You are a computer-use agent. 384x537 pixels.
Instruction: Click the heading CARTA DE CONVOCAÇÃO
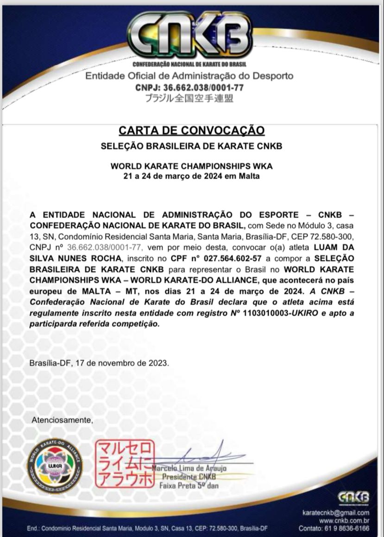[191, 130]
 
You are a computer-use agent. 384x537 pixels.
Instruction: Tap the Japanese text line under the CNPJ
[189, 98]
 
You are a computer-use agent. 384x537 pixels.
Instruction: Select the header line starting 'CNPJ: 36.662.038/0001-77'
[189, 87]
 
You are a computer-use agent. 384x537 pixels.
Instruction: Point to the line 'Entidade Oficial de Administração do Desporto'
[189, 76]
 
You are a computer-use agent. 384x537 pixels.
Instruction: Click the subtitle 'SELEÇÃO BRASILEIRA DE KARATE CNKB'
[191, 146]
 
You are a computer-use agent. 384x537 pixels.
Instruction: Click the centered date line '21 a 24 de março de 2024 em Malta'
[191, 176]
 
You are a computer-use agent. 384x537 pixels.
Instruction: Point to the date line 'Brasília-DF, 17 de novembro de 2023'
[99, 363]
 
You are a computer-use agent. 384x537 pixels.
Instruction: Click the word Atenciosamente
[62, 420]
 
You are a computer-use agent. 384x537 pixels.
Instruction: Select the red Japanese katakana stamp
[124, 464]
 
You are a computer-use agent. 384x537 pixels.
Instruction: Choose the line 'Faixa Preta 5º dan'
[189, 486]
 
